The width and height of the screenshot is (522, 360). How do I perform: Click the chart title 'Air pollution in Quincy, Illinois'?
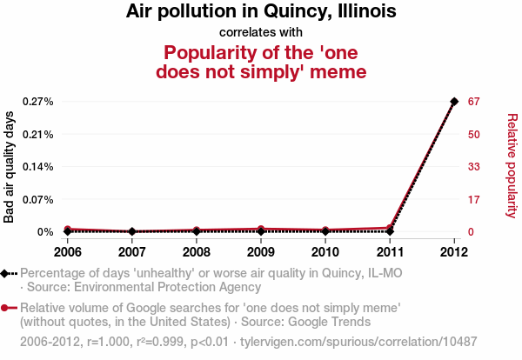point(261,12)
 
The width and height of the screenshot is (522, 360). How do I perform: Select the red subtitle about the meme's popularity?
point(261,60)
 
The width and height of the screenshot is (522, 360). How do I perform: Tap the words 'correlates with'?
point(261,32)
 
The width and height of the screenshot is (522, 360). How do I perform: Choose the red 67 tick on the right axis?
point(474,102)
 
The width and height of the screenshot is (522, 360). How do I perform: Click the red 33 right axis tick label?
point(474,167)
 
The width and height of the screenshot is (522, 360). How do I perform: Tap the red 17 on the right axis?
point(473,199)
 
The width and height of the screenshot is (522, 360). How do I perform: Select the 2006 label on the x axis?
point(67,252)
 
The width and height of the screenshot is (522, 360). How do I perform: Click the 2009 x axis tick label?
point(260,252)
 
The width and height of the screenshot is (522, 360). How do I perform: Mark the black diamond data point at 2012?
point(454,102)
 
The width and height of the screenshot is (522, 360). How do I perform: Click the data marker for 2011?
point(390,230)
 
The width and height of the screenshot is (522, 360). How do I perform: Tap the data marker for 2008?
point(196,230)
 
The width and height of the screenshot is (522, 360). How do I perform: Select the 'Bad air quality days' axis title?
point(10,166)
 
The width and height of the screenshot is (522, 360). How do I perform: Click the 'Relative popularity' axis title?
point(512,166)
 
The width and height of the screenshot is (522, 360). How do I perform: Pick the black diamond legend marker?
point(6,273)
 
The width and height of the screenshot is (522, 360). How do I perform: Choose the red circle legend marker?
point(6,308)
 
